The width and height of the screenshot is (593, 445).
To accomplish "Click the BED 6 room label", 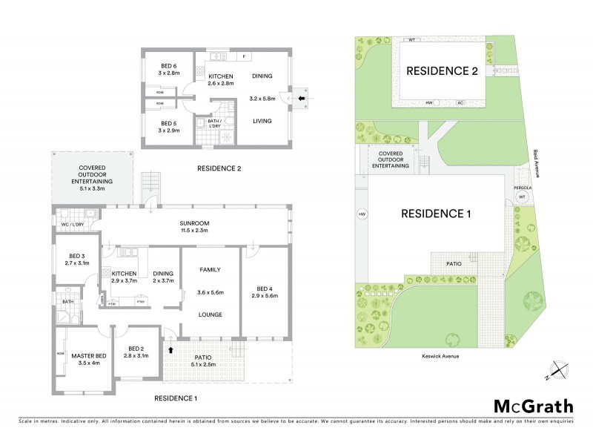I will [x=165, y=68].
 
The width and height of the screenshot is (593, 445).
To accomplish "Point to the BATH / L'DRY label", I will [x=216, y=124].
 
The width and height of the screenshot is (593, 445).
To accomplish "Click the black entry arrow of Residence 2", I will [x=300, y=97].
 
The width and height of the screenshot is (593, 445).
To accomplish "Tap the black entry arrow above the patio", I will [x=171, y=349].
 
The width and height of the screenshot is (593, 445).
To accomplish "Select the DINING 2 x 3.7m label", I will [x=162, y=277].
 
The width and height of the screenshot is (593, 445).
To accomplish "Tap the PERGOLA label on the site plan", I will [x=522, y=188].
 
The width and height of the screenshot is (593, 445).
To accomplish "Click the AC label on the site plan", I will [x=460, y=102].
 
